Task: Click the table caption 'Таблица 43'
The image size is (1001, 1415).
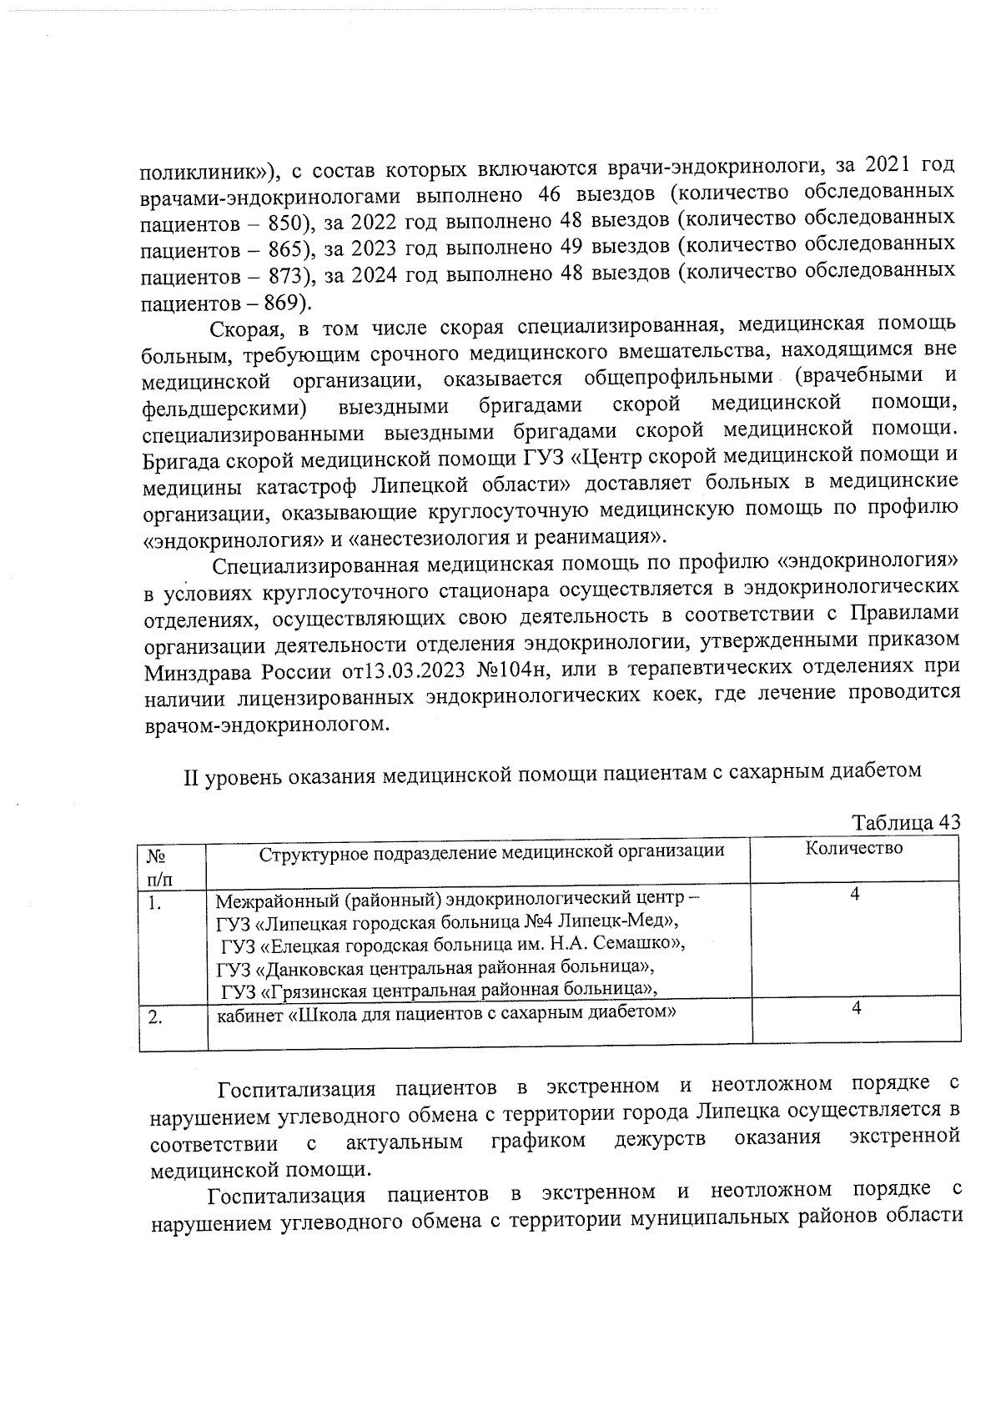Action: coord(906,822)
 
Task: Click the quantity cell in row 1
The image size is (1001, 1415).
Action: coord(855,895)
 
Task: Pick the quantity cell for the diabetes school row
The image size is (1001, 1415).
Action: coord(856,1008)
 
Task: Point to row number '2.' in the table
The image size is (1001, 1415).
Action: coord(156,1017)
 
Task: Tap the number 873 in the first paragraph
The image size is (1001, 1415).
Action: coord(287,276)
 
